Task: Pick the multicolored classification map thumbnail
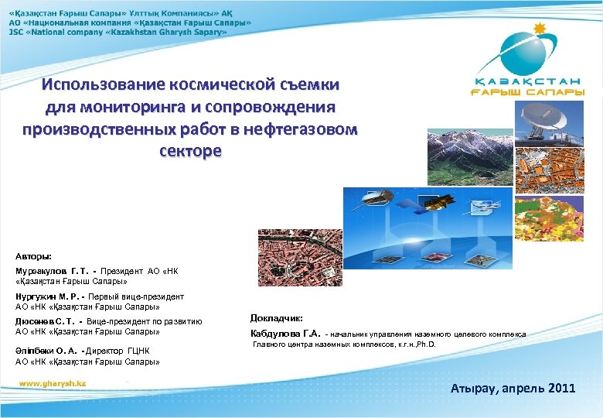coord(569,214)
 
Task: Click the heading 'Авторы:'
coord(34,255)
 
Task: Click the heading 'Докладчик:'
coord(277,318)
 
